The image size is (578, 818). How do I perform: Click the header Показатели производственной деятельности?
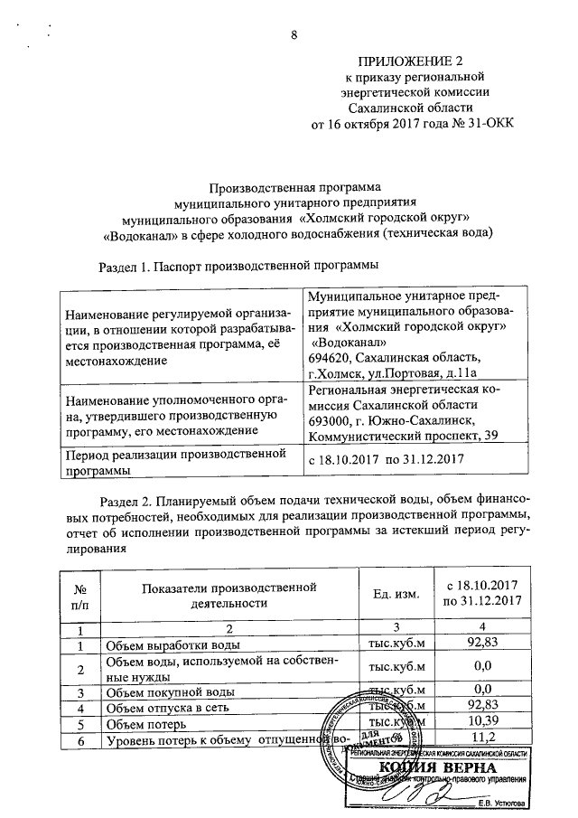coord(229,594)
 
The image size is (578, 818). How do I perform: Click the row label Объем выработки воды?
coord(172,645)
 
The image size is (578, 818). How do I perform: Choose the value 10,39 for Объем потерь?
coord(486,724)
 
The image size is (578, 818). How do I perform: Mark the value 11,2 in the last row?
coord(486,741)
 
